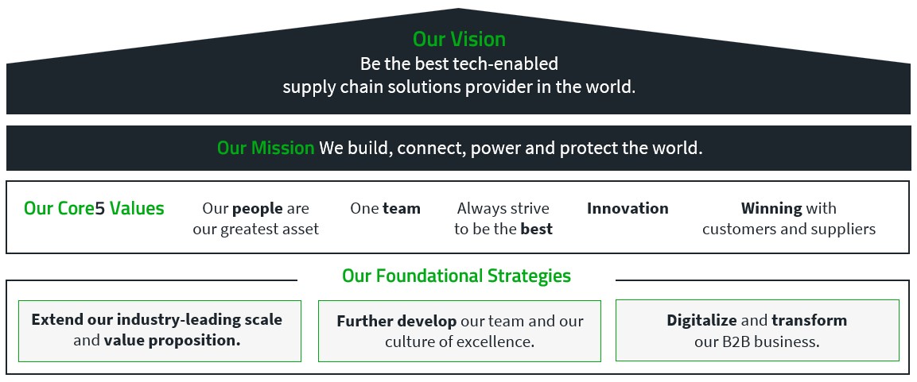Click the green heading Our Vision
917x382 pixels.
459,40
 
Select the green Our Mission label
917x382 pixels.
266,149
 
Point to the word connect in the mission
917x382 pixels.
435,149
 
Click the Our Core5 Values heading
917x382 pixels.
94,209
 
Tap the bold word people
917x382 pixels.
258,209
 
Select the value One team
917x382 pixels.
385,209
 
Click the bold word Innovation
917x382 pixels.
628,209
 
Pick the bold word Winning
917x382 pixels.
771,209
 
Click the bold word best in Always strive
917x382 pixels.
536,230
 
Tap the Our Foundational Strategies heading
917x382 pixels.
457,276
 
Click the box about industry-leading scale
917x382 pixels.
159,330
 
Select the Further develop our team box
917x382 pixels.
459,330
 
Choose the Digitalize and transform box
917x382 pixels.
757,330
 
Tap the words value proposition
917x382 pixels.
172,341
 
